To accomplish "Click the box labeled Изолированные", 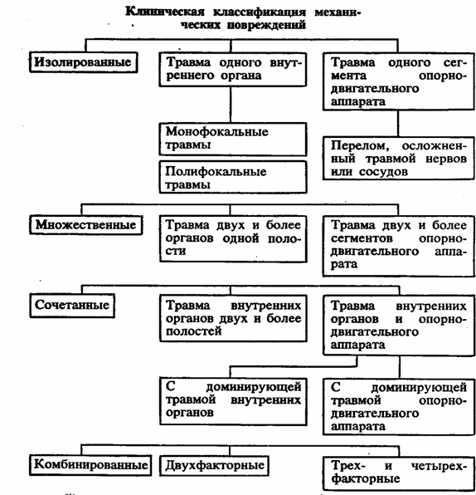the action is tap(84, 62).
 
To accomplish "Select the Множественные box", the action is tap(86, 225).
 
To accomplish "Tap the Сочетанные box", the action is tap(72, 306).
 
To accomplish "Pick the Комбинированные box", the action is tap(90, 465).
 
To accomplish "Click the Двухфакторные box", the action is tap(214, 465).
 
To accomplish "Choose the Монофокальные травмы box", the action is tap(233, 139).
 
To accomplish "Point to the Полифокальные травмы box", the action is tap(233, 177).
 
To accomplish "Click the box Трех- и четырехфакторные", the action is tap(399, 473).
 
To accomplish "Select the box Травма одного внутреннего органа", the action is tap(233, 70).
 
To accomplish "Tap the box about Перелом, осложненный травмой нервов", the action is tap(399, 158).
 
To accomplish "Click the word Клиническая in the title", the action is tap(165, 12).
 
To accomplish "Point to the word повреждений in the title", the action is tap(266, 25).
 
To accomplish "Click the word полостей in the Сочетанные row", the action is tap(193, 331).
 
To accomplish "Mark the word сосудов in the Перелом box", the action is tap(383, 172).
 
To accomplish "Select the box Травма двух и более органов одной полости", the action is tap(233, 238).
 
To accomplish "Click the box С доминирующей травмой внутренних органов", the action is tap(233, 401).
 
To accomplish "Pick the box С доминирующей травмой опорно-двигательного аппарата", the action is tap(399, 407).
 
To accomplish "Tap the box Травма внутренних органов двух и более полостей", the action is tap(233, 318).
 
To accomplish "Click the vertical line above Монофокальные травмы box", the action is tap(231, 104).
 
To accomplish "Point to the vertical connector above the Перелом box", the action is tap(398, 123).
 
